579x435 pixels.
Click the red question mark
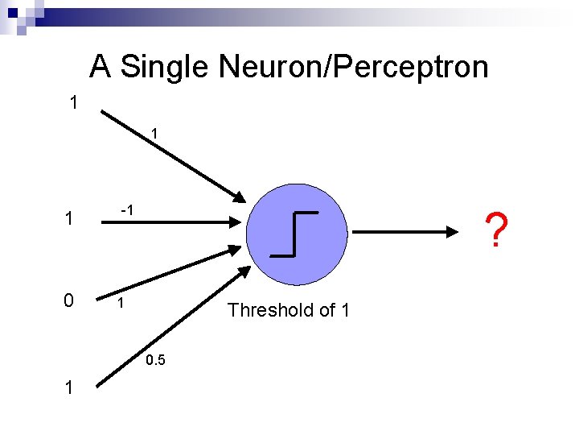tap(498, 230)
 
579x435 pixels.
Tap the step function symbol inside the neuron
tap(294, 233)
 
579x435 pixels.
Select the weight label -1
tap(125, 209)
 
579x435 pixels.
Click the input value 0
tap(70, 300)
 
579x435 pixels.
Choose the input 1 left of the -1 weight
tap(70, 218)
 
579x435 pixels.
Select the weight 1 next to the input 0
tap(120, 304)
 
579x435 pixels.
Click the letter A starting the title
tap(100, 66)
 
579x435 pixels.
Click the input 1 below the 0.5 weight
tap(70, 387)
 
